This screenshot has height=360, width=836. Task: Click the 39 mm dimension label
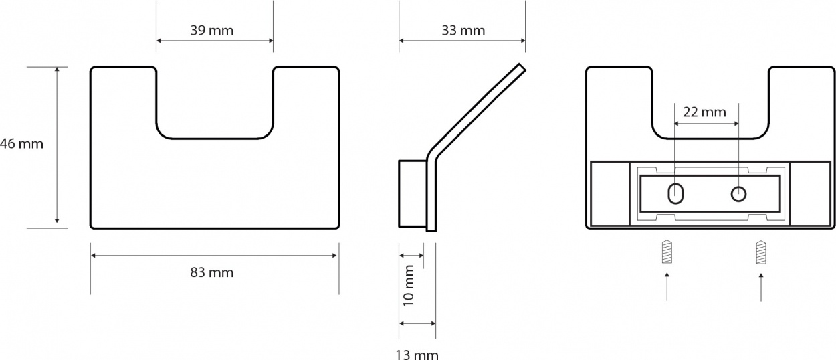(211, 30)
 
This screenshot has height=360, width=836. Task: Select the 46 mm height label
(21, 144)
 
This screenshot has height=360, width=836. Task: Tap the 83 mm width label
(211, 272)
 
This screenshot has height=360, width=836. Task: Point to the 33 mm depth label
(463, 30)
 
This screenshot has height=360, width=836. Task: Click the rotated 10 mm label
(409, 286)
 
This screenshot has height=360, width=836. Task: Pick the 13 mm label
(417, 355)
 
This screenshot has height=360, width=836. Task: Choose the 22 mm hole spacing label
(705, 112)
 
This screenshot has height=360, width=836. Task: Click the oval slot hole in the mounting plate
(675, 194)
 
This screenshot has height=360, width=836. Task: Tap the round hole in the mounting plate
(738, 194)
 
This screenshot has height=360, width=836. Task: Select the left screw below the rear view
(667, 252)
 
